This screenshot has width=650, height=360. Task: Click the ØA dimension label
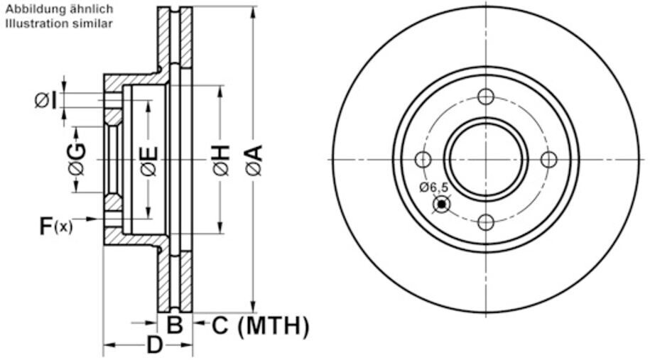[254, 160]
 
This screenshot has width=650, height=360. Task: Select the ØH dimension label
[222, 160]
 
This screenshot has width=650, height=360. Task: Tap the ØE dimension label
[148, 160]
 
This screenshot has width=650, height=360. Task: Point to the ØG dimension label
[77, 159]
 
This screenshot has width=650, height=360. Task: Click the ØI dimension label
[45, 100]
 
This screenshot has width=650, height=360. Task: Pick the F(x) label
[56, 226]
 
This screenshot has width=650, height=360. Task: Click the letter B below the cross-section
[175, 324]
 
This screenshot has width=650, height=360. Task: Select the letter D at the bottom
[155, 344]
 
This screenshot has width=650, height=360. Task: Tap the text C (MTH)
[261, 326]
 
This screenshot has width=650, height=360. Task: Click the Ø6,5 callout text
[433, 187]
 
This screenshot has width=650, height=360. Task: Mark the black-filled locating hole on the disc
[441, 204]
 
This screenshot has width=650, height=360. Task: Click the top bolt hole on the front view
[486, 97]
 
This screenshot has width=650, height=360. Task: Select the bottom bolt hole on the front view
[486, 222]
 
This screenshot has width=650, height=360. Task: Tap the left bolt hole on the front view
[423, 160]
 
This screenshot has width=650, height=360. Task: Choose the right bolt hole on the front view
[549, 160]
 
